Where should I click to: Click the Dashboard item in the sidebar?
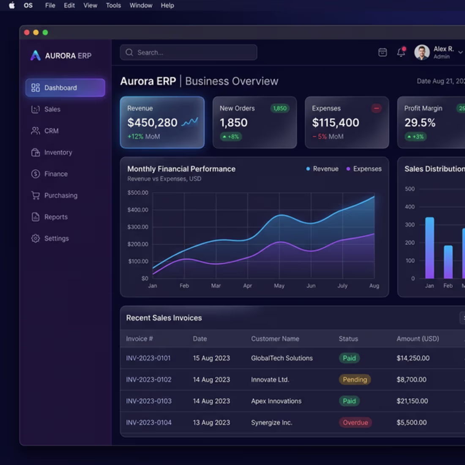[65, 88]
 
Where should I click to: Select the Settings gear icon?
[36, 238]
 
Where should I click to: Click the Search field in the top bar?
[189, 52]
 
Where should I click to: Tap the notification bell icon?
[401, 52]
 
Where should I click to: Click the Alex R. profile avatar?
[421, 52]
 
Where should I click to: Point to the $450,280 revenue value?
[152, 123]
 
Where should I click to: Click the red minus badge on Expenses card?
[376, 108]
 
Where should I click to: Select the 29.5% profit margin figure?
[420, 123]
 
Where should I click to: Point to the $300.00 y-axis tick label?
[138, 227]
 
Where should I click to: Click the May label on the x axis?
[279, 286]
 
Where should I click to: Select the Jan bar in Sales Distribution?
[429, 248]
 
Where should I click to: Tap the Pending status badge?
[355, 380]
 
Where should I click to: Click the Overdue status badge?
[355, 422]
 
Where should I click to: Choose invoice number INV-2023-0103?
[149, 401]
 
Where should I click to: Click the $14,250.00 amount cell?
[413, 358]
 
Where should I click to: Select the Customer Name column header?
[275, 339]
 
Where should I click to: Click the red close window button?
[27, 33]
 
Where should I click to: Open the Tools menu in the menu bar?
[113, 5]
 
